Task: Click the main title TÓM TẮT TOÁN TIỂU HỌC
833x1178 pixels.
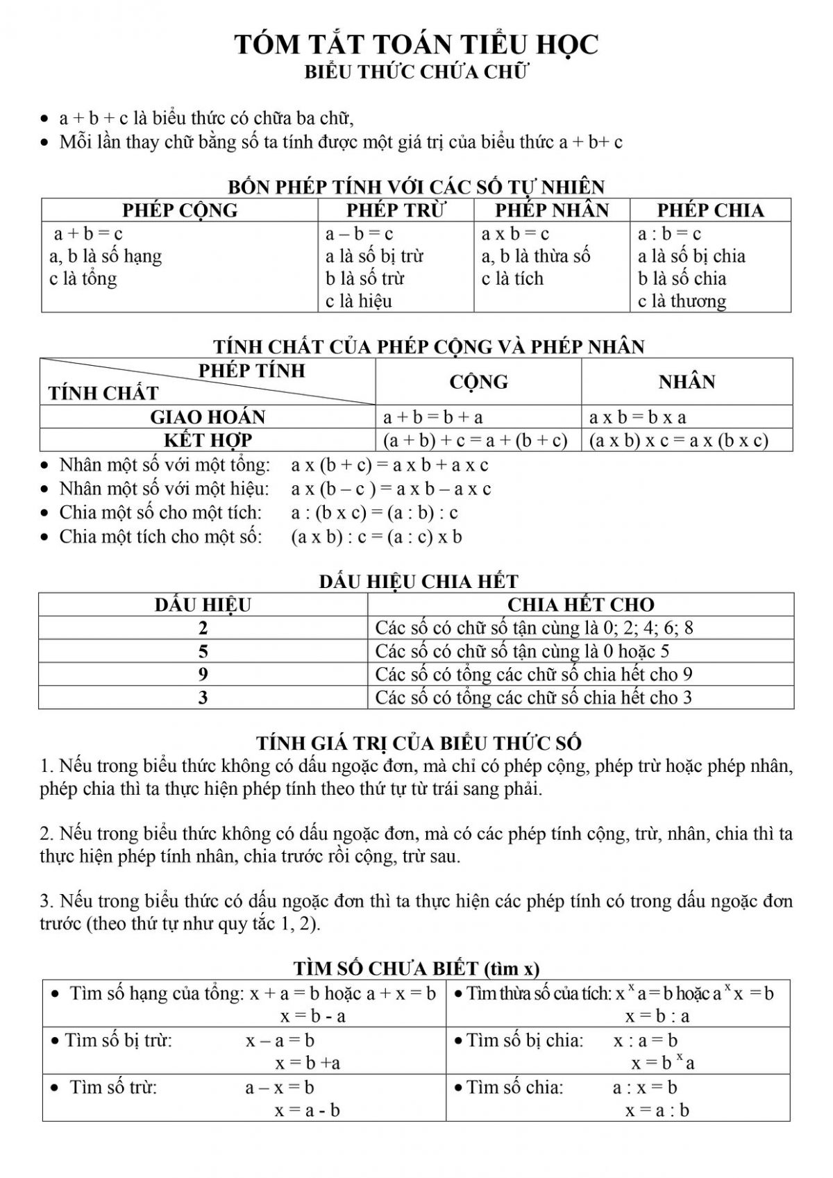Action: pos(416,44)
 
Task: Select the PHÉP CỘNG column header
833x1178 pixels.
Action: pos(180,210)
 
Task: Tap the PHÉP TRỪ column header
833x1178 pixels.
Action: pos(396,210)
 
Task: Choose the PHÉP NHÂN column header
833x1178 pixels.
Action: pos(552,210)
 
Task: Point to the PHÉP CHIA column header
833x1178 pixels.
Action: pos(710,210)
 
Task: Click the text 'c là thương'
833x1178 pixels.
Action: pos(682,301)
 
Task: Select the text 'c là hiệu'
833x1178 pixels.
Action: pos(359,301)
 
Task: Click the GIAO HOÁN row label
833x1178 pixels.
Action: pos(208,417)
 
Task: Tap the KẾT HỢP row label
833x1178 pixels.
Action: pos(208,440)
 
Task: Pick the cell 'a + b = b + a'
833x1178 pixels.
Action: pos(433,417)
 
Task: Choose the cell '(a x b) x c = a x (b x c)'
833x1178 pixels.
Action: pos(678,440)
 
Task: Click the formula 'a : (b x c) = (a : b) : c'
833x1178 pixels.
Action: pos(375,513)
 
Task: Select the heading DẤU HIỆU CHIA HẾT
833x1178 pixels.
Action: pos(419,582)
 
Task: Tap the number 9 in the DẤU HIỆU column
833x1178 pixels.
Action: pos(203,674)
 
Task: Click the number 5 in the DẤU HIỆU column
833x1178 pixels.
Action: pos(203,651)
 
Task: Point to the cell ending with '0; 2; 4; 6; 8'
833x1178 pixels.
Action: pos(534,628)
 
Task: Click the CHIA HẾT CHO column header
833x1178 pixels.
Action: pos(581,605)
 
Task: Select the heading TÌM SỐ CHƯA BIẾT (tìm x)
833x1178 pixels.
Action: pos(416,968)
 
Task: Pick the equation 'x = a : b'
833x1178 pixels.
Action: pos(657,1111)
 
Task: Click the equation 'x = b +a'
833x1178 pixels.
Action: pos(308,1063)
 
